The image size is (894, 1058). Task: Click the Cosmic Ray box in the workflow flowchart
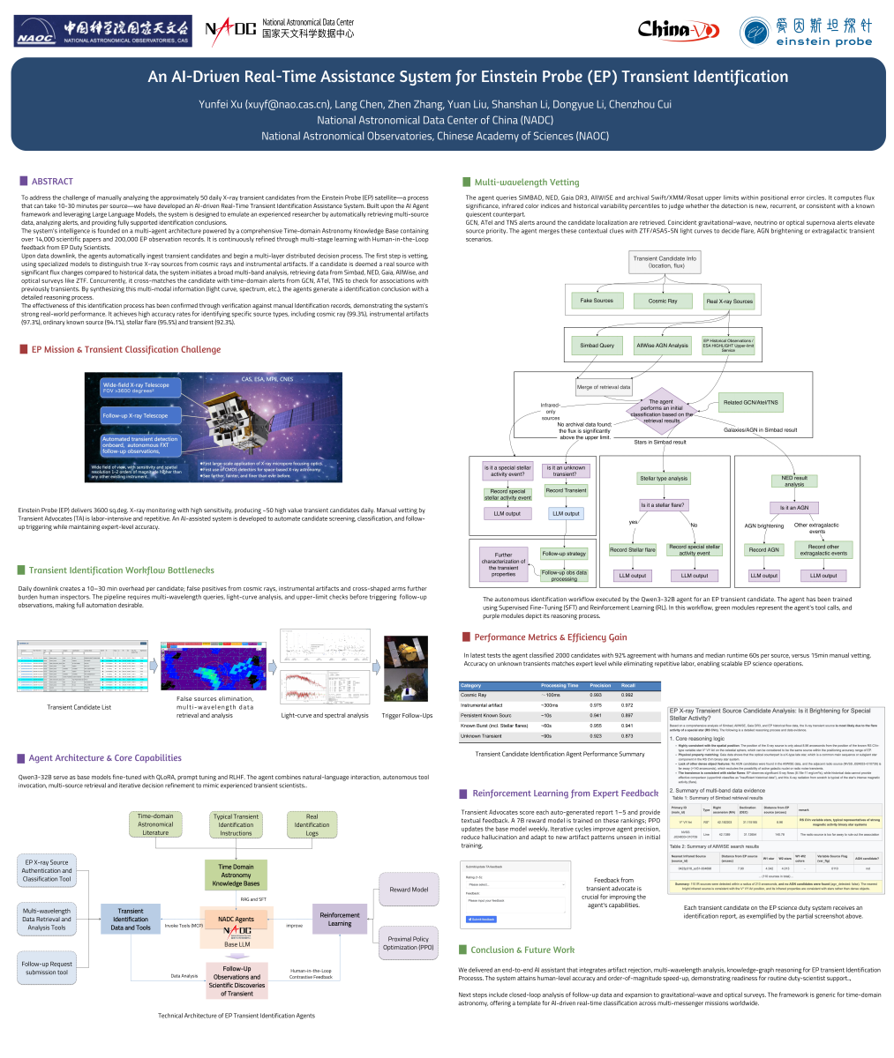[x=663, y=302]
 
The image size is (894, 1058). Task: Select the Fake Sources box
[x=597, y=302]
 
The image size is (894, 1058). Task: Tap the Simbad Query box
[x=597, y=346]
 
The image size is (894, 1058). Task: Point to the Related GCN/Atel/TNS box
[x=750, y=403]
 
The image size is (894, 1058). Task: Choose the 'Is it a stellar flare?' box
[x=663, y=505]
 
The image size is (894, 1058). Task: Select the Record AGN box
[x=763, y=549]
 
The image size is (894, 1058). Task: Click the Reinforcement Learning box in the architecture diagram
[x=340, y=919]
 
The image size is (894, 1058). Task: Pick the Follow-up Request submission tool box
[x=47, y=968]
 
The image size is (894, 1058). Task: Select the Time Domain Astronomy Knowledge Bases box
[x=236, y=875]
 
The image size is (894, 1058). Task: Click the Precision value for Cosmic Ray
[x=597, y=696]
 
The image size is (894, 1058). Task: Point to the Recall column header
[x=628, y=685]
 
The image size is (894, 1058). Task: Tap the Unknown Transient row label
[x=481, y=735]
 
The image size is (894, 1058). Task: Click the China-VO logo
[x=678, y=30]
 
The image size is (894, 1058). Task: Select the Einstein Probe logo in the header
[x=807, y=30]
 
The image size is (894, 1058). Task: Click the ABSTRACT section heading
[x=52, y=182]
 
